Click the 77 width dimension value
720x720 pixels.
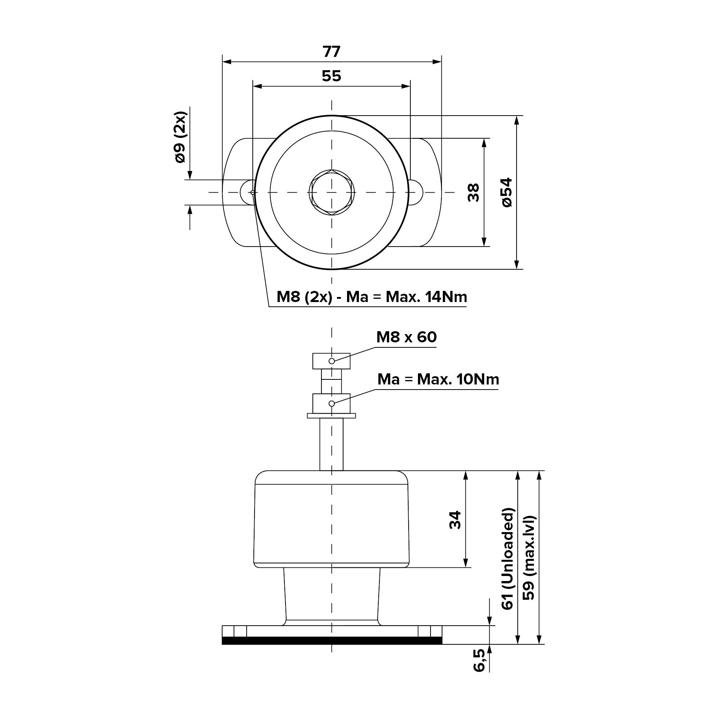(331, 51)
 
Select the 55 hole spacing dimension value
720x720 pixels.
(331, 76)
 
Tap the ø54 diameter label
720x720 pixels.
(507, 192)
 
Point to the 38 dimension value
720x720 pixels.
(473, 192)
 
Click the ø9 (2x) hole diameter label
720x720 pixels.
(180, 137)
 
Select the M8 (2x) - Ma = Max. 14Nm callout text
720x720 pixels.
(372, 297)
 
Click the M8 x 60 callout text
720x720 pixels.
(406, 337)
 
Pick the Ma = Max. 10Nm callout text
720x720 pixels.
(438, 379)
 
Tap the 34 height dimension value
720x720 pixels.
(455, 520)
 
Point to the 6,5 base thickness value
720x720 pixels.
(479, 660)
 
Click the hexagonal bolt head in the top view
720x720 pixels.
(332, 192)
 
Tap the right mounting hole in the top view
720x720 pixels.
(415, 192)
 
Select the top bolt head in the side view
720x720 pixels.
(331, 361)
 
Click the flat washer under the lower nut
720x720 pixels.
(331, 415)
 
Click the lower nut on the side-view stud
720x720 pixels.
(331, 403)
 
